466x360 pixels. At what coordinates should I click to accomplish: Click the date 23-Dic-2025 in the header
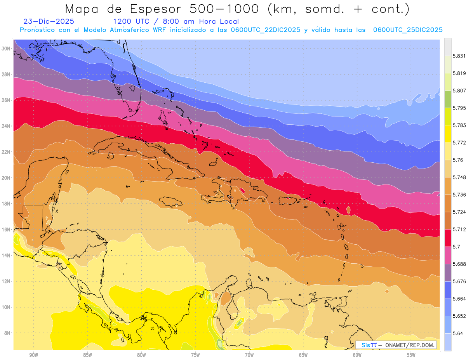click(49, 21)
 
